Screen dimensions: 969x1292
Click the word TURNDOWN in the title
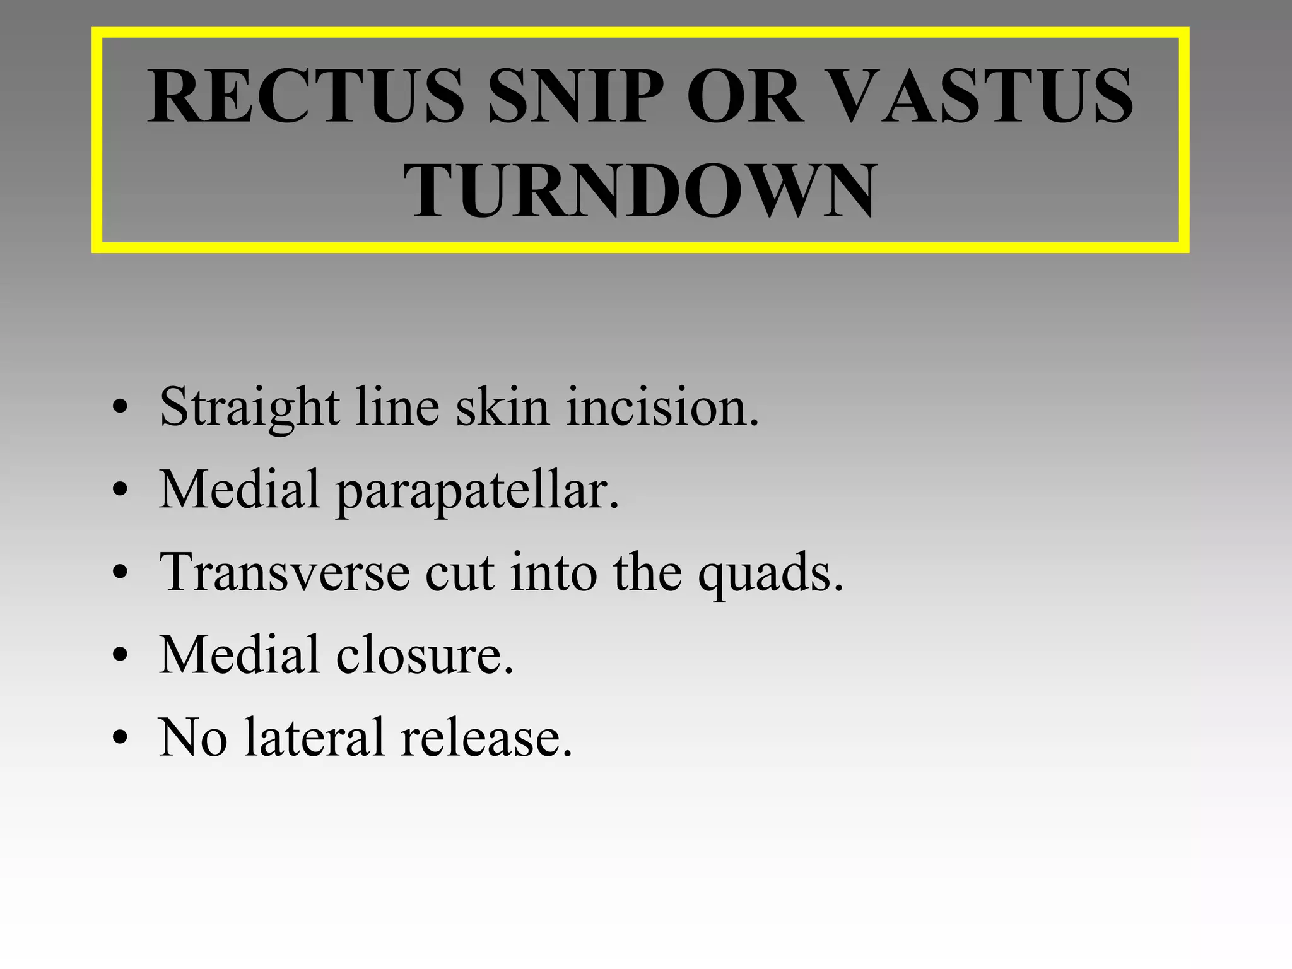click(640, 191)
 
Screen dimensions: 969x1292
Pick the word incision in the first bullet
click(662, 407)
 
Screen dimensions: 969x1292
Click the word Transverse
click(285, 572)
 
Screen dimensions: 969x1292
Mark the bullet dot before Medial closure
click(120, 656)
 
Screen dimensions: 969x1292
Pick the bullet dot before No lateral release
click(120, 738)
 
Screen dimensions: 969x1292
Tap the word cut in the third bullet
click(459, 573)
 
